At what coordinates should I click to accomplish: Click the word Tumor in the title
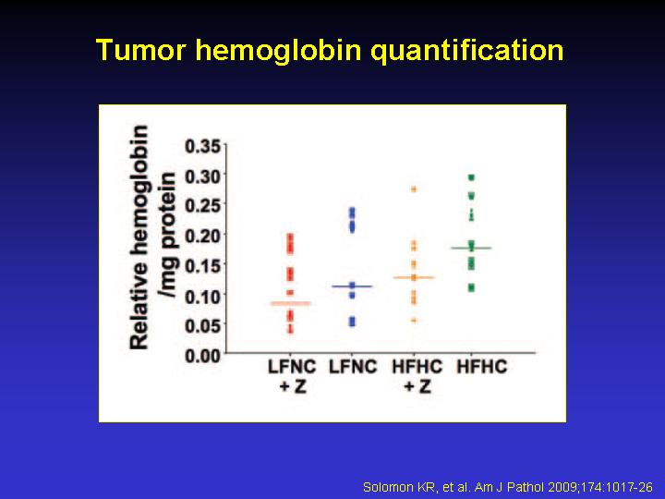pyautogui.click(x=141, y=50)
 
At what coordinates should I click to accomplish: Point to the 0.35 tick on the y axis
pyautogui.click(x=203, y=146)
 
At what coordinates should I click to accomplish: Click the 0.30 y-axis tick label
pyautogui.click(x=203, y=176)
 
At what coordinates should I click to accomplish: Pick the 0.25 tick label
pyautogui.click(x=203, y=205)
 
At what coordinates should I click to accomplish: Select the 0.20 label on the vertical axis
pyautogui.click(x=203, y=235)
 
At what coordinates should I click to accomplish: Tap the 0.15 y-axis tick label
pyautogui.click(x=203, y=265)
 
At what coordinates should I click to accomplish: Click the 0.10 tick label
pyautogui.click(x=203, y=296)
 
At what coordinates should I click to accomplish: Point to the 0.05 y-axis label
pyautogui.click(x=203, y=325)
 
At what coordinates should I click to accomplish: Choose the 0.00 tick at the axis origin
pyautogui.click(x=203, y=356)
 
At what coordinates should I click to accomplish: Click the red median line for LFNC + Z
pyautogui.click(x=291, y=303)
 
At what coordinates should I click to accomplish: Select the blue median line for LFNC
pyautogui.click(x=352, y=286)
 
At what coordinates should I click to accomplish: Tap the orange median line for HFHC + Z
pyautogui.click(x=414, y=277)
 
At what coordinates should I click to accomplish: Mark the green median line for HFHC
pyautogui.click(x=471, y=248)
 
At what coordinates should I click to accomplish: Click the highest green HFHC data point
pyautogui.click(x=471, y=177)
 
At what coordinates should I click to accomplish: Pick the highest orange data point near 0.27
pyautogui.click(x=414, y=189)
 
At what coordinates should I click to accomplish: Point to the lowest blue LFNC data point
pyautogui.click(x=352, y=323)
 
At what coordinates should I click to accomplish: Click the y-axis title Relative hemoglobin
pyautogui.click(x=139, y=237)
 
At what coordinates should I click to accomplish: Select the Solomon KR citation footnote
pyautogui.click(x=508, y=487)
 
